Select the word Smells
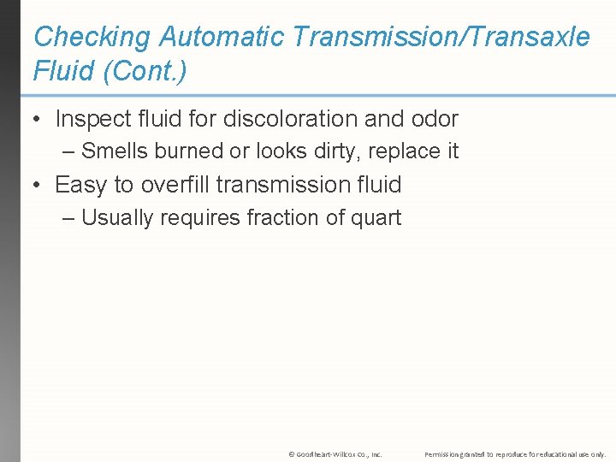[115, 151]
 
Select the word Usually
[118, 218]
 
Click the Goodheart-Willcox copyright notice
[335, 453]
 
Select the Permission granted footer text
[515, 453]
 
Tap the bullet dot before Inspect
[38, 120]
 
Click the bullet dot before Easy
[38, 186]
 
